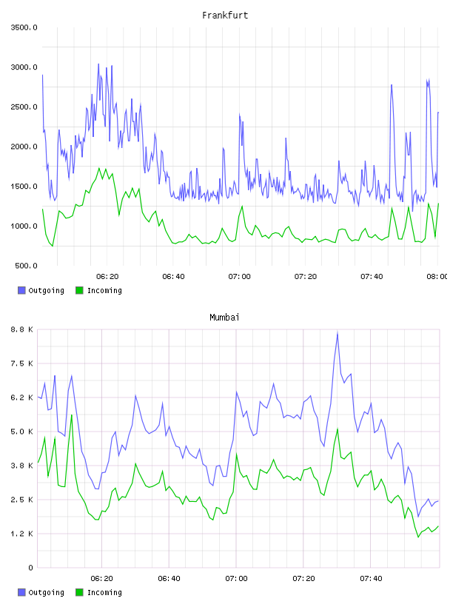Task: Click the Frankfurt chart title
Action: tap(225, 16)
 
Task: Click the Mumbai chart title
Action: tap(224, 318)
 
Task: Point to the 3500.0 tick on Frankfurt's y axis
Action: tap(24, 27)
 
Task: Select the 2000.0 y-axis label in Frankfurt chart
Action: tap(24, 147)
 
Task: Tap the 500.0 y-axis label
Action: tap(26, 266)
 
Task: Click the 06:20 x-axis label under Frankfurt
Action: tap(107, 276)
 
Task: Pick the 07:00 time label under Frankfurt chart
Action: tap(239, 276)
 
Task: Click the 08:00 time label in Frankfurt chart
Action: tap(437, 276)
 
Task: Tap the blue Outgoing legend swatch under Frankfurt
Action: tap(21, 290)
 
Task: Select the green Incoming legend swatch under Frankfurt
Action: tap(79, 290)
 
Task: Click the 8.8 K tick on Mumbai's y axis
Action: tap(22, 329)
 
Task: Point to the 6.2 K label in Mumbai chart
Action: tap(22, 397)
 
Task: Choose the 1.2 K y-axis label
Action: tap(22, 534)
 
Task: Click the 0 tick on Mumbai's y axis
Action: tap(30, 568)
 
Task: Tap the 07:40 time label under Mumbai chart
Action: tap(371, 578)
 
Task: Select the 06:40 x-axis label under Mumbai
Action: tap(169, 578)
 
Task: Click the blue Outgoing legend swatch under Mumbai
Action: tap(21, 592)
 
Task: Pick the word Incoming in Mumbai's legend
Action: tap(104, 592)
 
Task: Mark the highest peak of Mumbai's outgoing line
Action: tap(337, 333)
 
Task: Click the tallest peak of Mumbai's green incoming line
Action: tap(71, 415)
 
